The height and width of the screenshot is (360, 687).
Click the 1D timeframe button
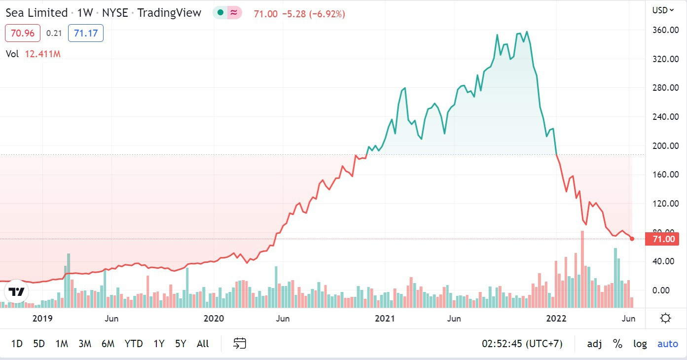[17, 344]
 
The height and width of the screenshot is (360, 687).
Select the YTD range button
[134, 344]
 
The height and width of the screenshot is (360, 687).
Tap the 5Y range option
[181, 344]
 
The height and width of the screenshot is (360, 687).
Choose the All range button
[203, 344]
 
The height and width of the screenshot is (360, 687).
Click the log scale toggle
[640, 344]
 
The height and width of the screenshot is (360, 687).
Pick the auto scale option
[668, 344]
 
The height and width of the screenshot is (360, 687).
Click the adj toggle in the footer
[594, 344]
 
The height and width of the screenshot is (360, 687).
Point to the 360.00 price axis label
[663, 30]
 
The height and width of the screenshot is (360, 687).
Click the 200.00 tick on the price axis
[663, 146]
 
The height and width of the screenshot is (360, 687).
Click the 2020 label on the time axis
[214, 319]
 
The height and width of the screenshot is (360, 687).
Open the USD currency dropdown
[663, 10]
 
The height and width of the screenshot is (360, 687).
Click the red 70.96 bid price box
[22, 34]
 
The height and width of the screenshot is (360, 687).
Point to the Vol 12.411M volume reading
[33, 54]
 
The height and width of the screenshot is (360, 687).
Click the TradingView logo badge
[17, 291]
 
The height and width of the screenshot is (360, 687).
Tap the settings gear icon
[665, 318]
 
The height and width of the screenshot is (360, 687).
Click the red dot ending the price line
[632, 239]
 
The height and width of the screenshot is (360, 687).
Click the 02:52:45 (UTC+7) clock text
[522, 344]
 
